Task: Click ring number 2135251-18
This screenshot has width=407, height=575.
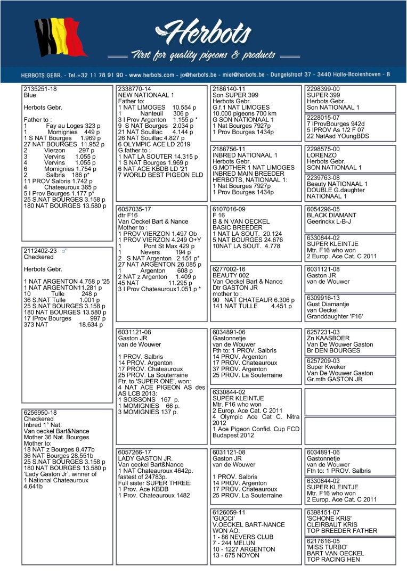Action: coord(40,89)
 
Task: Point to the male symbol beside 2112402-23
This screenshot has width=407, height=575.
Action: coord(64,251)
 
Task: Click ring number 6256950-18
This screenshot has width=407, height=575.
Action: coord(40,413)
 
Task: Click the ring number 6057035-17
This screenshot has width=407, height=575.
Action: coord(134,210)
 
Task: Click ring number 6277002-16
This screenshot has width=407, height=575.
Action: coord(229,269)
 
